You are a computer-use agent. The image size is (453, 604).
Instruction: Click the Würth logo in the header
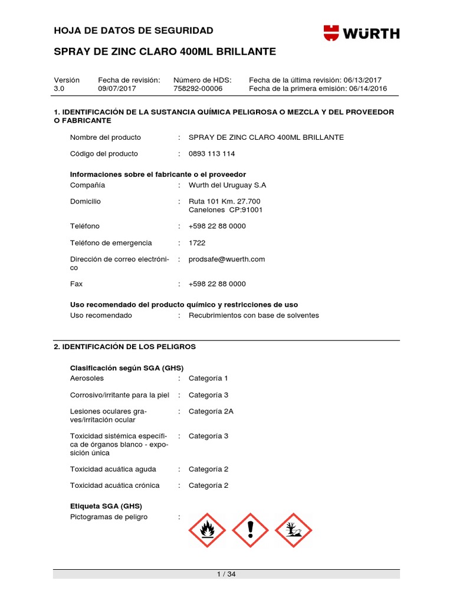[361, 33]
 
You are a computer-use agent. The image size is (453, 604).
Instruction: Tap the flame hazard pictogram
[207, 530]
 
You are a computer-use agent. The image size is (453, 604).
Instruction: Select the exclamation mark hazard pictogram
[250, 530]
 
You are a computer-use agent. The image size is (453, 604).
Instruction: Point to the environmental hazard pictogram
[293, 530]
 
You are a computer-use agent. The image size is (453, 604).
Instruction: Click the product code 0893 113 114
[211, 154]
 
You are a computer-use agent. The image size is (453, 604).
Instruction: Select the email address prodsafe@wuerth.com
[226, 259]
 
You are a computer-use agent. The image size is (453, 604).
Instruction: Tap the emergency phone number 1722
[197, 243]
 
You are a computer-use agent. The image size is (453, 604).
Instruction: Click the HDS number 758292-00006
[198, 88]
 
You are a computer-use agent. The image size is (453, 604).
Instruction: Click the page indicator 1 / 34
[226, 575]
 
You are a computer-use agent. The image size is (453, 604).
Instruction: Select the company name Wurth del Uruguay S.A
[227, 185]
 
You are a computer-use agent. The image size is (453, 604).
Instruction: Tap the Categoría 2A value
[211, 411]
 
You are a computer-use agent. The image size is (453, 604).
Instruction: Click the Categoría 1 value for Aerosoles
[208, 378]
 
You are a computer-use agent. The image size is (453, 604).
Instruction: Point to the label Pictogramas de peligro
[109, 517]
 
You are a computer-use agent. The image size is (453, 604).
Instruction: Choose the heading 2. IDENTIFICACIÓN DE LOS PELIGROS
[124, 347]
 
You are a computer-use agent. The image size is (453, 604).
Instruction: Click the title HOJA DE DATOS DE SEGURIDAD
[133, 31]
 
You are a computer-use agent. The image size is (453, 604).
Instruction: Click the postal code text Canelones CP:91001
[225, 209]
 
